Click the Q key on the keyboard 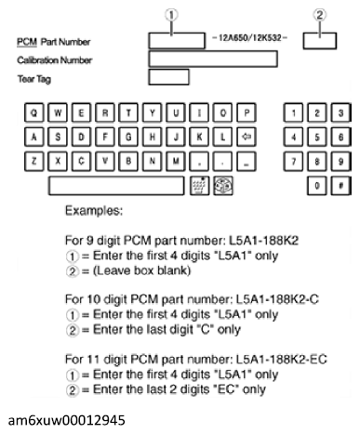pyautogui.click(x=35, y=113)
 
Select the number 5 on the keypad pyautogui.click(x=318, y=136)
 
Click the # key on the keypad pyautogui.click(x=340, y=185)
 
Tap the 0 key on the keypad pyautogui.click(x=318, y=185)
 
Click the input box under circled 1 pyautogui.click(x=176, y=40)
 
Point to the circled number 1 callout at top pyautogui.click(x=176, y=14)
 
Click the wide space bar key pyautogui.click(x=116, y=185)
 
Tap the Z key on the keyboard pyautogui.click(x=35, y=158)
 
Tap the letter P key pyautogui.click(x=247, y=113)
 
